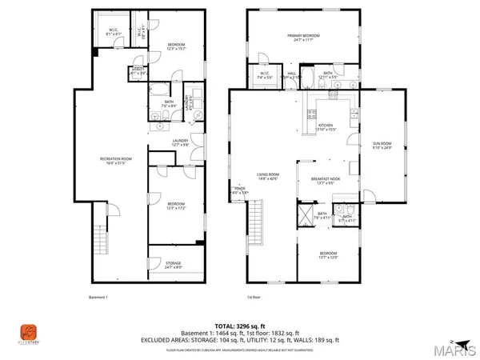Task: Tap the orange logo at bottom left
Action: click(28, 331)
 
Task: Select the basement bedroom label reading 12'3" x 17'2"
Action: click(176, 206)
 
